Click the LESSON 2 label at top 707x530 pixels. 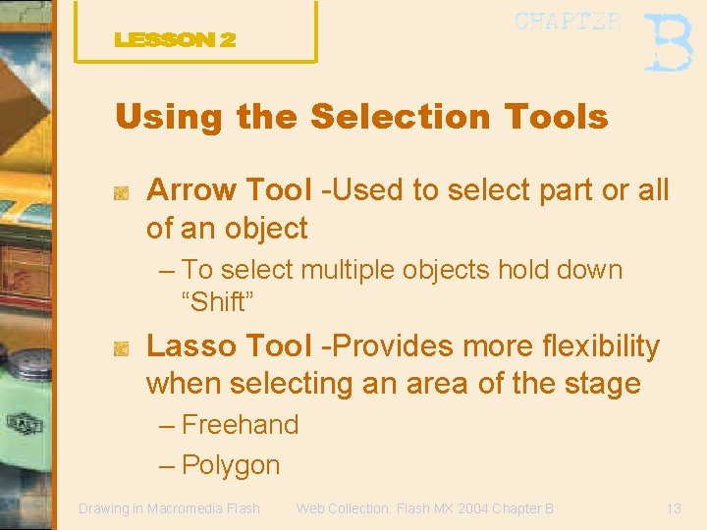(175, 40)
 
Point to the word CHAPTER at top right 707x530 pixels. (568, 22)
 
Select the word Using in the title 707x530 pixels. (169, 118)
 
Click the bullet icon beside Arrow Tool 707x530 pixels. (121, 192)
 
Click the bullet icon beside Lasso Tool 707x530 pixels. (121, 347)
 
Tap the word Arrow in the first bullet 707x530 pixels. (191, 190)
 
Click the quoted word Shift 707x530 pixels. (217, 302)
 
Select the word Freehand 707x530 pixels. (241, 425)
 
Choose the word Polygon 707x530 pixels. (232, 465)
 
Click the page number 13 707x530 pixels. (673, 508)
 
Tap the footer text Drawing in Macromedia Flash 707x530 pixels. (169, 508)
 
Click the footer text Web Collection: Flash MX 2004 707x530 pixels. (403, 508)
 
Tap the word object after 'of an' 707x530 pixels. (266, 229)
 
